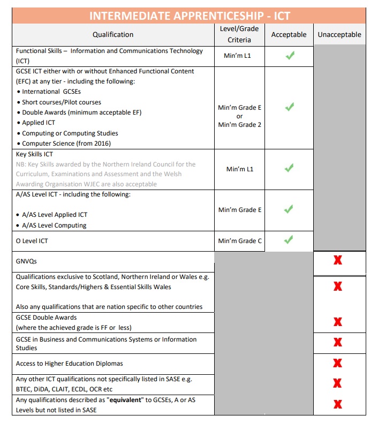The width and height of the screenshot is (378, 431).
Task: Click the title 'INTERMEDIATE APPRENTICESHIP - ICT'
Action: point(190,16)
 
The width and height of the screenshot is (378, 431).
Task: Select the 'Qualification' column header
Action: point(113,35)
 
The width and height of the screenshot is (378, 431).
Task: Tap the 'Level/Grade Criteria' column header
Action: point(239,34)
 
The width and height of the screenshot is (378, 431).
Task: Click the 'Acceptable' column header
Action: point(289,35)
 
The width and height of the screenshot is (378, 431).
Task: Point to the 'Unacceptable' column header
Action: point(339,35)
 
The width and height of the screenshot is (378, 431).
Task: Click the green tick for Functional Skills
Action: point(290,55)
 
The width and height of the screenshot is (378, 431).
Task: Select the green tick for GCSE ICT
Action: point(290,107)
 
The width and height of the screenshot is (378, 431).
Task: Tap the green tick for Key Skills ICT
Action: point(290,169)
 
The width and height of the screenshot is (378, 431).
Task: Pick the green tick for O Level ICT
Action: point(290,240)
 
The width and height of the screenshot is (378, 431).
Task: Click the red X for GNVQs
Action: point(338,261)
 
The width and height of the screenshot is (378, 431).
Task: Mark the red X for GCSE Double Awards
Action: point(338,322)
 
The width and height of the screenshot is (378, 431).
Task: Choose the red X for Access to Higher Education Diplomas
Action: point(338,363)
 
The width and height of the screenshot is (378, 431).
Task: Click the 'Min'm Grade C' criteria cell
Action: point(240,241)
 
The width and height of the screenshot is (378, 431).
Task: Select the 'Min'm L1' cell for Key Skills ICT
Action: point(240,169)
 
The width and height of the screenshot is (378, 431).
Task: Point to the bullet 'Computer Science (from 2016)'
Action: point(66,143)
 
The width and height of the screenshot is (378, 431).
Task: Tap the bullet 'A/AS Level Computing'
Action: point(55,225)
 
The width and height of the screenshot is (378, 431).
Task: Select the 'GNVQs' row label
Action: point(27,261)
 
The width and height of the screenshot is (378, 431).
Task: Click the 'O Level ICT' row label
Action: point(32,241)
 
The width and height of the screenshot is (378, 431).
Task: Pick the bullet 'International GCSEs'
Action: point(51,92)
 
